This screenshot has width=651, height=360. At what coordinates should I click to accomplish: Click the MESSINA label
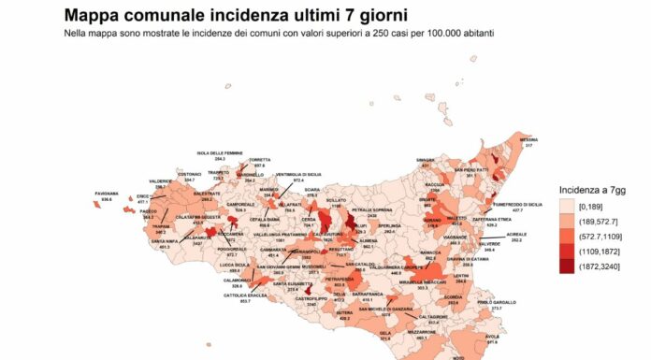point(529,140)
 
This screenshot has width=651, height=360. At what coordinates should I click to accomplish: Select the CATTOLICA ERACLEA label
point(238,295)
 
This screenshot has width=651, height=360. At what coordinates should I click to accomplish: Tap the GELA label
point(383,332)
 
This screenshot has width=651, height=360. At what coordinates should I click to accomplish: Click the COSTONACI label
point(191,174)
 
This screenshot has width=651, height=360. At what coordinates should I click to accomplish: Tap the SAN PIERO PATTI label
point(472,169)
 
